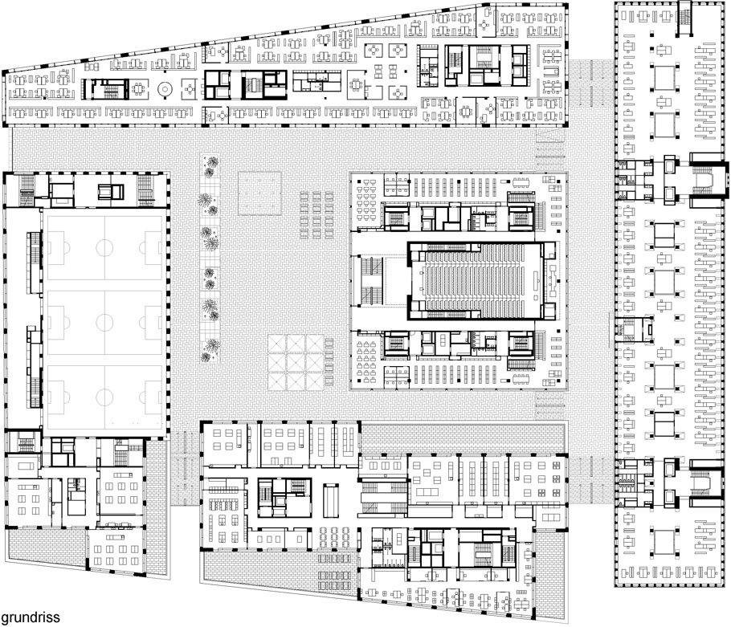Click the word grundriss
pyautogui.click(x=31, y=617)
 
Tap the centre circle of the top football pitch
pyautogui.click(x=104, y=248)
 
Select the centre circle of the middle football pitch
pyautogui.click(x=104, y=323)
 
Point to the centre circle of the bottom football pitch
pyautogui.click(x=104, y=397)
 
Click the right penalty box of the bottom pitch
pyautogui.click(x=150, y=397)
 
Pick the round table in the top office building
pyautogui.click(x=165, y=88)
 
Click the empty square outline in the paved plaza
pyautogui.click(x=259, y=193)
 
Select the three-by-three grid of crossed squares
pyautogui.click(x=296, y=362)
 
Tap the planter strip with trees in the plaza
pyautogui.click(x=210, y=259)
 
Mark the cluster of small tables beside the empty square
pyautogui.click(x=316, y=214)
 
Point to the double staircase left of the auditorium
pyautogui.click(x=372, y=280)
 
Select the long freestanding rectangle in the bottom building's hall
pyautogui.click(x=330, y=501)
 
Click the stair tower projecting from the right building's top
pyautogui.click(x=684, y=18)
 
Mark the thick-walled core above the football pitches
pyautogui.click(x=111, y=191)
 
